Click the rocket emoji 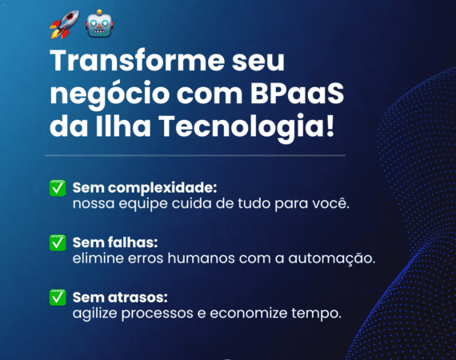pyautogui.click(x=64, y=25)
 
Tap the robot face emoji pyautogui.click(x=99, y=23)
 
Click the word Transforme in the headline pyautogui.click(x=138, y=61)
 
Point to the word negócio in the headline pyautogui.click(x=110, y=95)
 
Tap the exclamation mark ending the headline pyautogui.click(x=330, y=126)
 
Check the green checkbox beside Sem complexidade pyautogui.click(x=58, y=188)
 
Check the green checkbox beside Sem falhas pyautogui.click(x=58, y=243)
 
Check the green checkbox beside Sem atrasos pyautogui.click(x=58, y=298)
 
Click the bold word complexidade pyautogui.click(x=162, y=188)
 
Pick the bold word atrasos pyautogui.click(x=138, y=298)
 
